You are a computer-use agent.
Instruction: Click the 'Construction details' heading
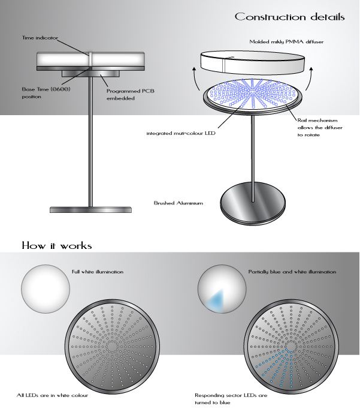click(289, 17)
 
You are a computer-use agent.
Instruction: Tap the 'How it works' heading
click(56, 245)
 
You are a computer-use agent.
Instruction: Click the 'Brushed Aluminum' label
click(179, 204)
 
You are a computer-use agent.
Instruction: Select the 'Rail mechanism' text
click(310, 119)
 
